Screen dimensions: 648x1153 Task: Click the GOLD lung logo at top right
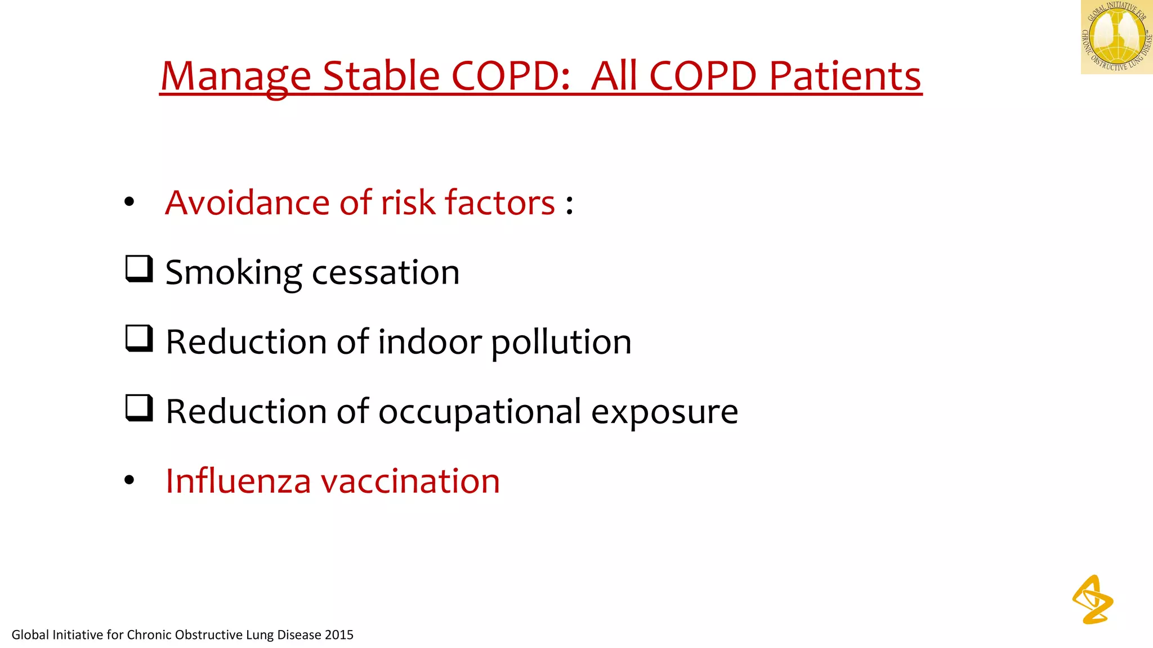coord(1116,37)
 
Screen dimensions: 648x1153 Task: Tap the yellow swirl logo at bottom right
coord(1092,600)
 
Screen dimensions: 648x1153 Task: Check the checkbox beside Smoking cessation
coord(138,269)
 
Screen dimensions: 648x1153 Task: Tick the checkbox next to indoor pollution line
coord(138,339)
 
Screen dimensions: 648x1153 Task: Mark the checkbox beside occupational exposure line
coord(138,408)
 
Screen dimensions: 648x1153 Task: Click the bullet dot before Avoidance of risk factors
coord(129,202)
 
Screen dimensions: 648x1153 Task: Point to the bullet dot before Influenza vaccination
coord(129,480)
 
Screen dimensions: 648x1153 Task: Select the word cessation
coord(386,273)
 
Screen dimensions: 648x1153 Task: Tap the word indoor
coord(430,342)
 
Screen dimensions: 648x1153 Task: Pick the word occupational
coord(480,412)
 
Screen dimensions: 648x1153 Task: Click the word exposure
coord(664,412)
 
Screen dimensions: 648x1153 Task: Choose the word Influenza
coord(238,481)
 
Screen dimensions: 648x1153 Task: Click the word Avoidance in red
coord(247,202)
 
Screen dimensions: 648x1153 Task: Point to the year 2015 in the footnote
coord(339,635)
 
